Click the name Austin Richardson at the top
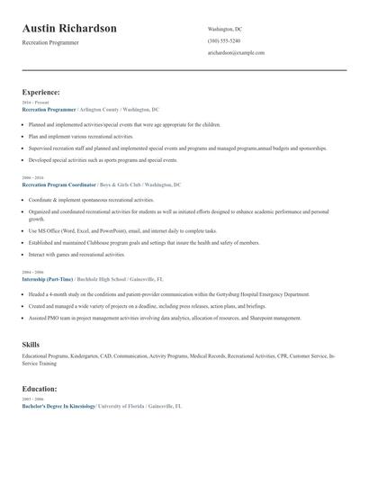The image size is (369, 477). click(69, 29)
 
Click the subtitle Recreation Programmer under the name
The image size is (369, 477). click(50, 42)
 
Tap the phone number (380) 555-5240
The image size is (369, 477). click(223, 40)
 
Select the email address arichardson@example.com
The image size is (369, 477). click(236, 53)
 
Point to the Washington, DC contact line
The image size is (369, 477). click(224, 29)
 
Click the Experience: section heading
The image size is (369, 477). click(41, 92)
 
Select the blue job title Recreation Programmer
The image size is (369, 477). click(49, 109)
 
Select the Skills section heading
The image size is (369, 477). click(31, 345)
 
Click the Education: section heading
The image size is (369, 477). click(40, 389)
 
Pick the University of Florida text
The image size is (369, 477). click(121, 406)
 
